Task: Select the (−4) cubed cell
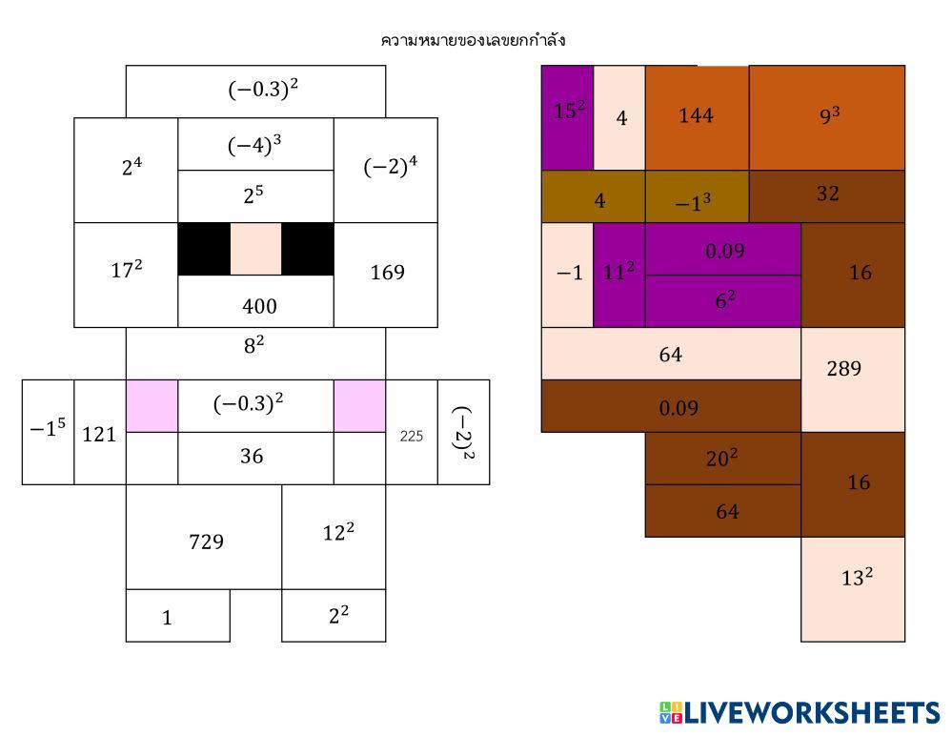(x=255, y=145)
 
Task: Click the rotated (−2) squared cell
(x=463, y=432)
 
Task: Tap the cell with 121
(x=100, y=434)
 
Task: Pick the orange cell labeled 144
(x=697, y=117)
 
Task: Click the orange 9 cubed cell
(x=826, y=117)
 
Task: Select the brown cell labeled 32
(x=826, y=195)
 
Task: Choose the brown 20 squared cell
(x=722, y=458)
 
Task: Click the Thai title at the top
(x=474, y=40)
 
